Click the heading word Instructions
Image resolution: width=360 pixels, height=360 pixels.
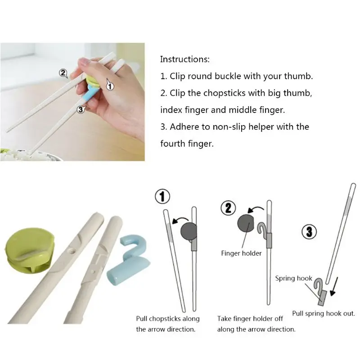coord(185,59)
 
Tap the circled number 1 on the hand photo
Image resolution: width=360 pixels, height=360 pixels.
coord(110,86)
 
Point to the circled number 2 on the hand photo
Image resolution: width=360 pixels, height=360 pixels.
coord(63,73)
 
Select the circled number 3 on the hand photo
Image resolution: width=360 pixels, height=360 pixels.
coord(81,110)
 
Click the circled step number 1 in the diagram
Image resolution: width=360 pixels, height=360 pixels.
coord(162,197)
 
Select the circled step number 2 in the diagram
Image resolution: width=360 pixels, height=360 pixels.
coord(228,208)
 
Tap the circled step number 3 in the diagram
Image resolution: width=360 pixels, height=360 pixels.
coord(309,231)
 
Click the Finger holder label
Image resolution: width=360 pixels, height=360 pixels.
coord(241,253)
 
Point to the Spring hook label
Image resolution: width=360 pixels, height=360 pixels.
coord(294,278)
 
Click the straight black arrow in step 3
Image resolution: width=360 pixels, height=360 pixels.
coord(334,286)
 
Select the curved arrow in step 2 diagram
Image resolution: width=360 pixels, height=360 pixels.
coord(255,209)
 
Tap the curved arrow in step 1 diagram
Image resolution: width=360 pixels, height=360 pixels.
coord(180,220)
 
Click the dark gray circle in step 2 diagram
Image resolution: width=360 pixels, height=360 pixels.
coord(246,223)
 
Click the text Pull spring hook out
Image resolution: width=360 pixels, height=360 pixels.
coord(324,313)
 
